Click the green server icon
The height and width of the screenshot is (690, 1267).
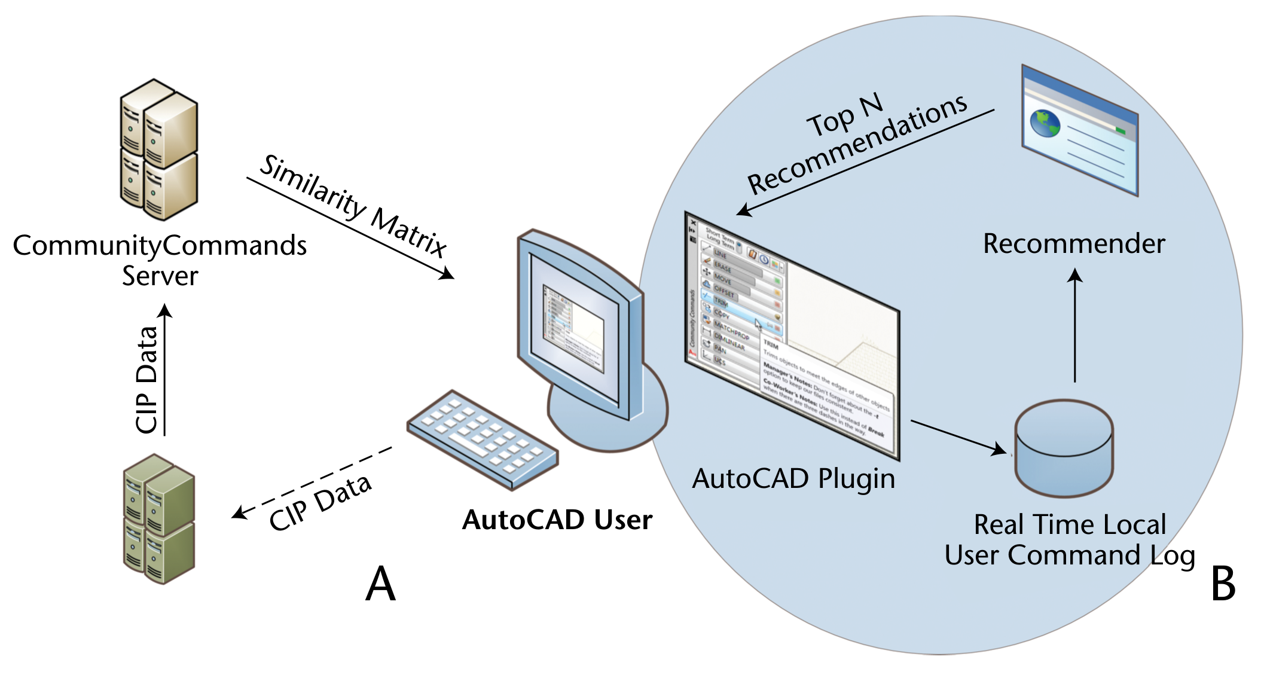tap(158, 519)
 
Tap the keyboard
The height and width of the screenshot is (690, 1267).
tap(482, 439)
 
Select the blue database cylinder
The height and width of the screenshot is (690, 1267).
tap(1064, 449)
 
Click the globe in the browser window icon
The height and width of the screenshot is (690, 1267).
tap(1045, 123)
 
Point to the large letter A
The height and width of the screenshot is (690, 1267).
tap(381, 584)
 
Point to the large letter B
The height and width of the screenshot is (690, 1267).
tap(1223, 584)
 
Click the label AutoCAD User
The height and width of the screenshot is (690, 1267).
tap(557, 520)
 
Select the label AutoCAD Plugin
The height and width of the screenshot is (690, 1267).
tap(793, 479)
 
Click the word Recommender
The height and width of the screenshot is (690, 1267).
tap(1074, 244)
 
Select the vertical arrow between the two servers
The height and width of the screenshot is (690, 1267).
tap(165, 371)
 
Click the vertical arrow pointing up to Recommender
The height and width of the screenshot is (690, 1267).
tap(1074, 326)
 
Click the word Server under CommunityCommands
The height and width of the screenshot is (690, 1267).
tap(160, 276)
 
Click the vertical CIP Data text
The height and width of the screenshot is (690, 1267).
tap(146, 380)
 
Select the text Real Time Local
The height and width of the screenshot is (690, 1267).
tap(1070, 525)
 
